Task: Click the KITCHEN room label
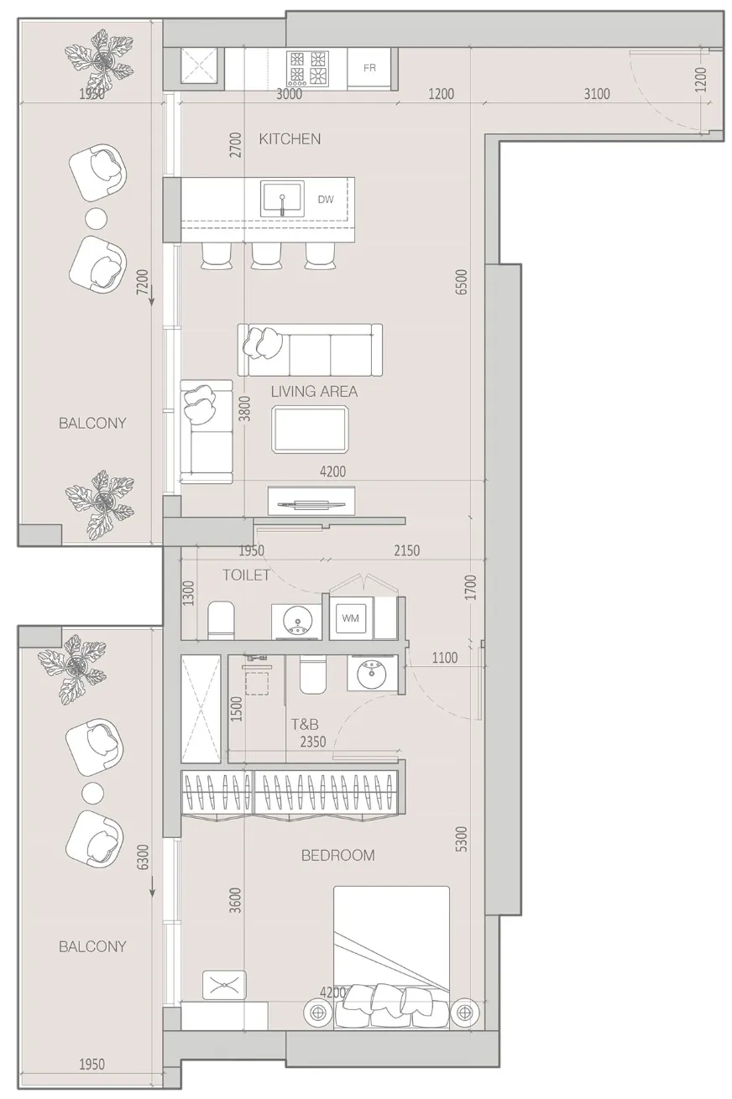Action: [290, 139]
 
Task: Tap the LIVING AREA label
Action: [314, 392]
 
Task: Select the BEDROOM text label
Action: [337, 855]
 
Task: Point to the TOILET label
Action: [246, 575]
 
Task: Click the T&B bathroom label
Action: [305, 724]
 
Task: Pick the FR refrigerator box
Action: [369, 68]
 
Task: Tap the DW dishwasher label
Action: [326, 199]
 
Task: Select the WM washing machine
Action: [351, 618]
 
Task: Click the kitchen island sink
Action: [282, 198]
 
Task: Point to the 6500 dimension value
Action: [461, 282]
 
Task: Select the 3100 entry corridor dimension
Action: [597, 93]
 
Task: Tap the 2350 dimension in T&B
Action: [313, 742]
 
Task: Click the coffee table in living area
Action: [311, 430]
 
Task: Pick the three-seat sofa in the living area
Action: [310, 350]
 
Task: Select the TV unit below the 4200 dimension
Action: [311, 501]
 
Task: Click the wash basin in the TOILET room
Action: [296, 622]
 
